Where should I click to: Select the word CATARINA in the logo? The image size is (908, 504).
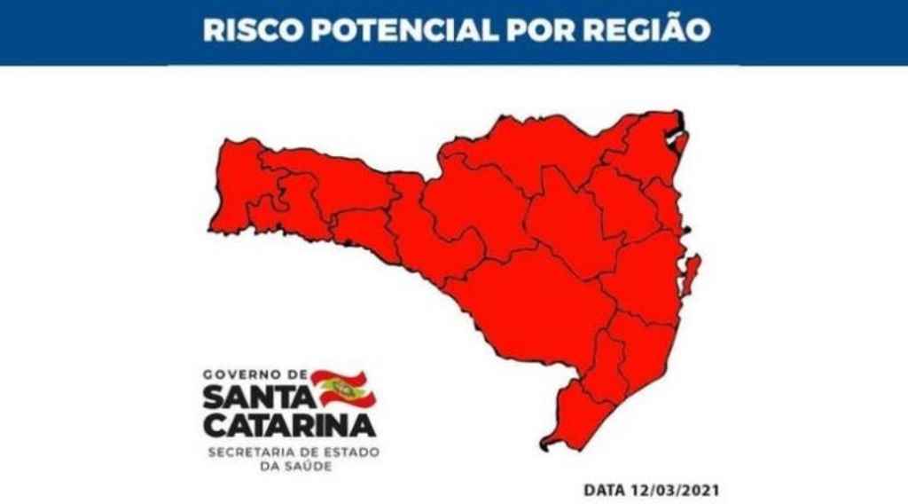click(290, 425)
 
